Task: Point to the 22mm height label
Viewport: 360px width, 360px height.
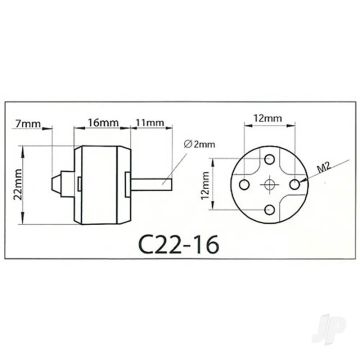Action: pyautogui.click(x=18, y=186)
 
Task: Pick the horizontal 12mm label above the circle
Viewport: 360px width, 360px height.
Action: pyautogui.click(x=264, y=118)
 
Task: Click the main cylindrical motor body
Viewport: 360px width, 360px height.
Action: pyautogui.click(x=102, y=185)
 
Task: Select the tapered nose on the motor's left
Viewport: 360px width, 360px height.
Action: pyautogui.click(x=57, y=185)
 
